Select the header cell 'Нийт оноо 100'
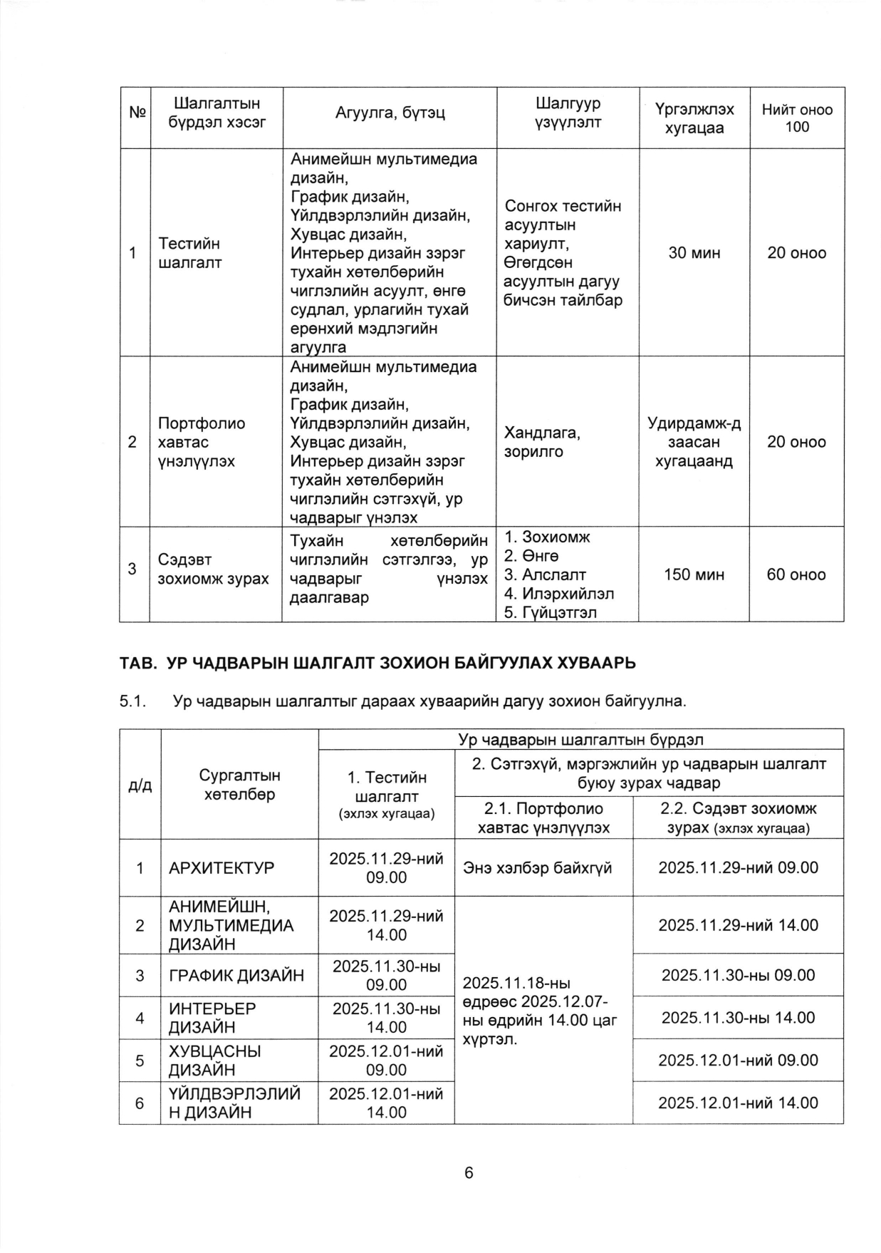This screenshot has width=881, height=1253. click(x=797, y=118)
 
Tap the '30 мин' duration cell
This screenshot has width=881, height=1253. click(x=694, y=253)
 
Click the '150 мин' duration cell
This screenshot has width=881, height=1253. click(x=694, y=574)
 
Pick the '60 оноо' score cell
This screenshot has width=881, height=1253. click(x=796, y=574)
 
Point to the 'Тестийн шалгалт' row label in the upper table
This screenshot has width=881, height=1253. click(x=189, y=253)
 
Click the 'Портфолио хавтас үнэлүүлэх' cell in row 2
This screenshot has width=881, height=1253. click(x=202, y=442)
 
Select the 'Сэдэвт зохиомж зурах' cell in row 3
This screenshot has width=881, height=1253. click(x=213, y=569)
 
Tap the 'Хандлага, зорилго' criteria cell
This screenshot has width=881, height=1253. click(x=542, y=442)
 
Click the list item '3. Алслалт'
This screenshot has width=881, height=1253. click(x=546, y=574)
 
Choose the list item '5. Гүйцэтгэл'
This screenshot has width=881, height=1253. click(x=550, y=612)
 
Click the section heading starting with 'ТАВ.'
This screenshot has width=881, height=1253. click(x=377, y=663)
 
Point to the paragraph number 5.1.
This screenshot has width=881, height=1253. click(x=132, y=701)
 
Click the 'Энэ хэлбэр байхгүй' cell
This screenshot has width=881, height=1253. click(x=537, y=868)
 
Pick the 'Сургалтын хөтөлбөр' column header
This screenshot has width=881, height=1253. click(x=239, y=784)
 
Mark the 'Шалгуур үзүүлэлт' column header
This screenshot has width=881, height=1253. click(x=568, y=113)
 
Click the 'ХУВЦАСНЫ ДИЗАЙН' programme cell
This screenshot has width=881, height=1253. click(x=214, y=1061)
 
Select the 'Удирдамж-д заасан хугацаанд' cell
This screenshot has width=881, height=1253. click(x=694, y=442)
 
